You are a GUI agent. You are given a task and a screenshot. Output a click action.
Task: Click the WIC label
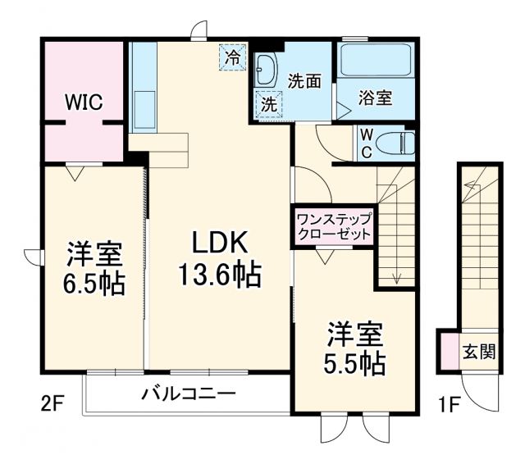84,102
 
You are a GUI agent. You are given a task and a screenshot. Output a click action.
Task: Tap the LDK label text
219,243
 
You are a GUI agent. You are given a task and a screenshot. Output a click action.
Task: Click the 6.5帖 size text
94,284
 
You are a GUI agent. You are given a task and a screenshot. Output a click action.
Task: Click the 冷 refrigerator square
233,57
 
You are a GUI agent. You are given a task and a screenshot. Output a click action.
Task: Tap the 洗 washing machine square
268,104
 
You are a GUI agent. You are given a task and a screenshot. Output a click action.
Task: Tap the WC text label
365,143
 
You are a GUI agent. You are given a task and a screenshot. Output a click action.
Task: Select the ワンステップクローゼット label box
334,226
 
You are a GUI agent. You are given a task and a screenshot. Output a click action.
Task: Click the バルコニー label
188,393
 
